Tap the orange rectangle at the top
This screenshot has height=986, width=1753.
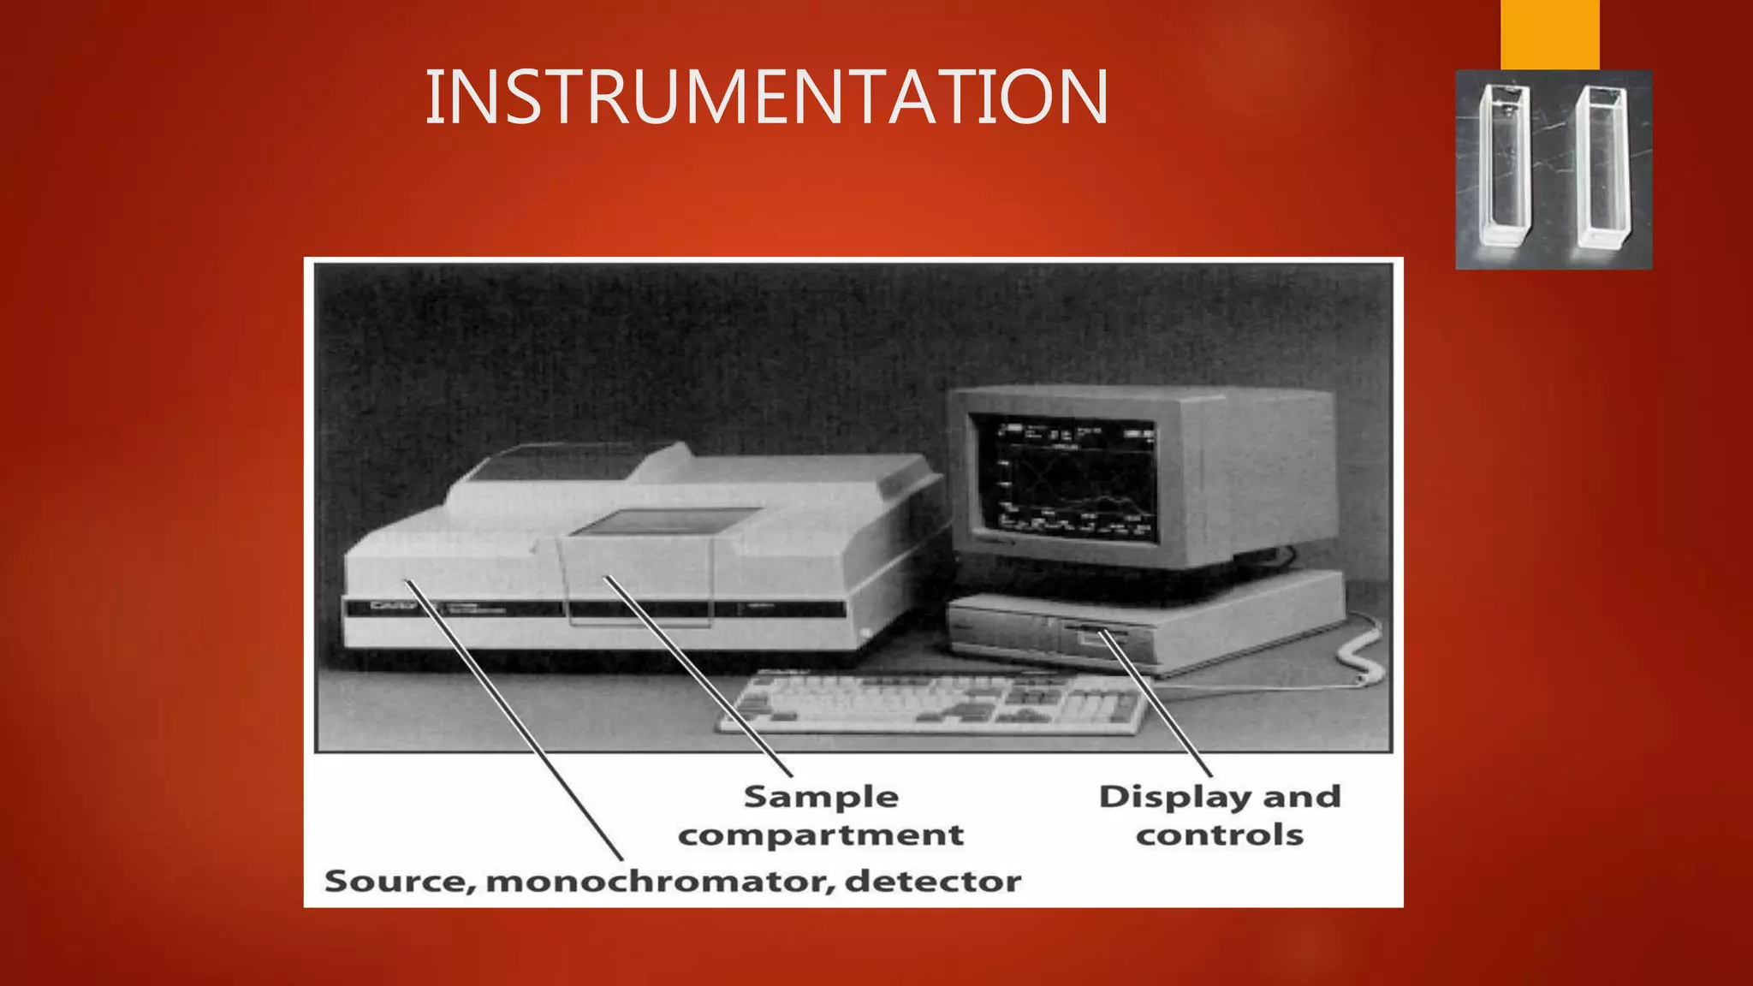click(1549, 34)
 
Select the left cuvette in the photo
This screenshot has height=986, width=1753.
click(1504, 167)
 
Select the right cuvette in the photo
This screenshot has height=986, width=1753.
click(1601, 167)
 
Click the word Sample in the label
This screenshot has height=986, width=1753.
click(821, 797)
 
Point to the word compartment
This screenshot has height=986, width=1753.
click(821, 835)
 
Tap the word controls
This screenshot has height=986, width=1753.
click(1219, 835)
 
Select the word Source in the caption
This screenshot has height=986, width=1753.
click(395, 881)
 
